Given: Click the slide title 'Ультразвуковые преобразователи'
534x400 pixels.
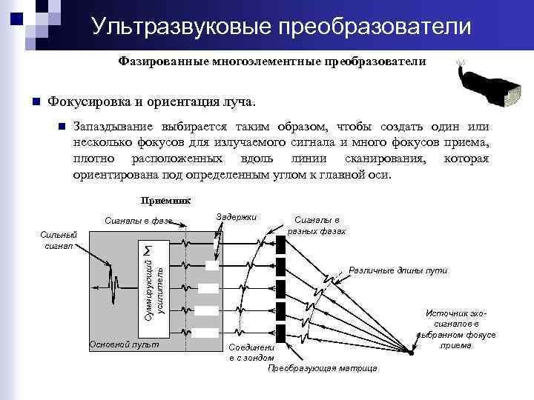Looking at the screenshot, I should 281,27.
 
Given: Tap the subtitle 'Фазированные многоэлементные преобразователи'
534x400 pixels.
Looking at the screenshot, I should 271,61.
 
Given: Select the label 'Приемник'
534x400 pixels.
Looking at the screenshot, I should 166,200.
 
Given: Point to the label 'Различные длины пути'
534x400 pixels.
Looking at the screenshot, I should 398,270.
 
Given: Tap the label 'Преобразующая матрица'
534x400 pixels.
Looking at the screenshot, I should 323,368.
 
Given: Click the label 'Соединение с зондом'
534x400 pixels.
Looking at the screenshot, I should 250,352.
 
